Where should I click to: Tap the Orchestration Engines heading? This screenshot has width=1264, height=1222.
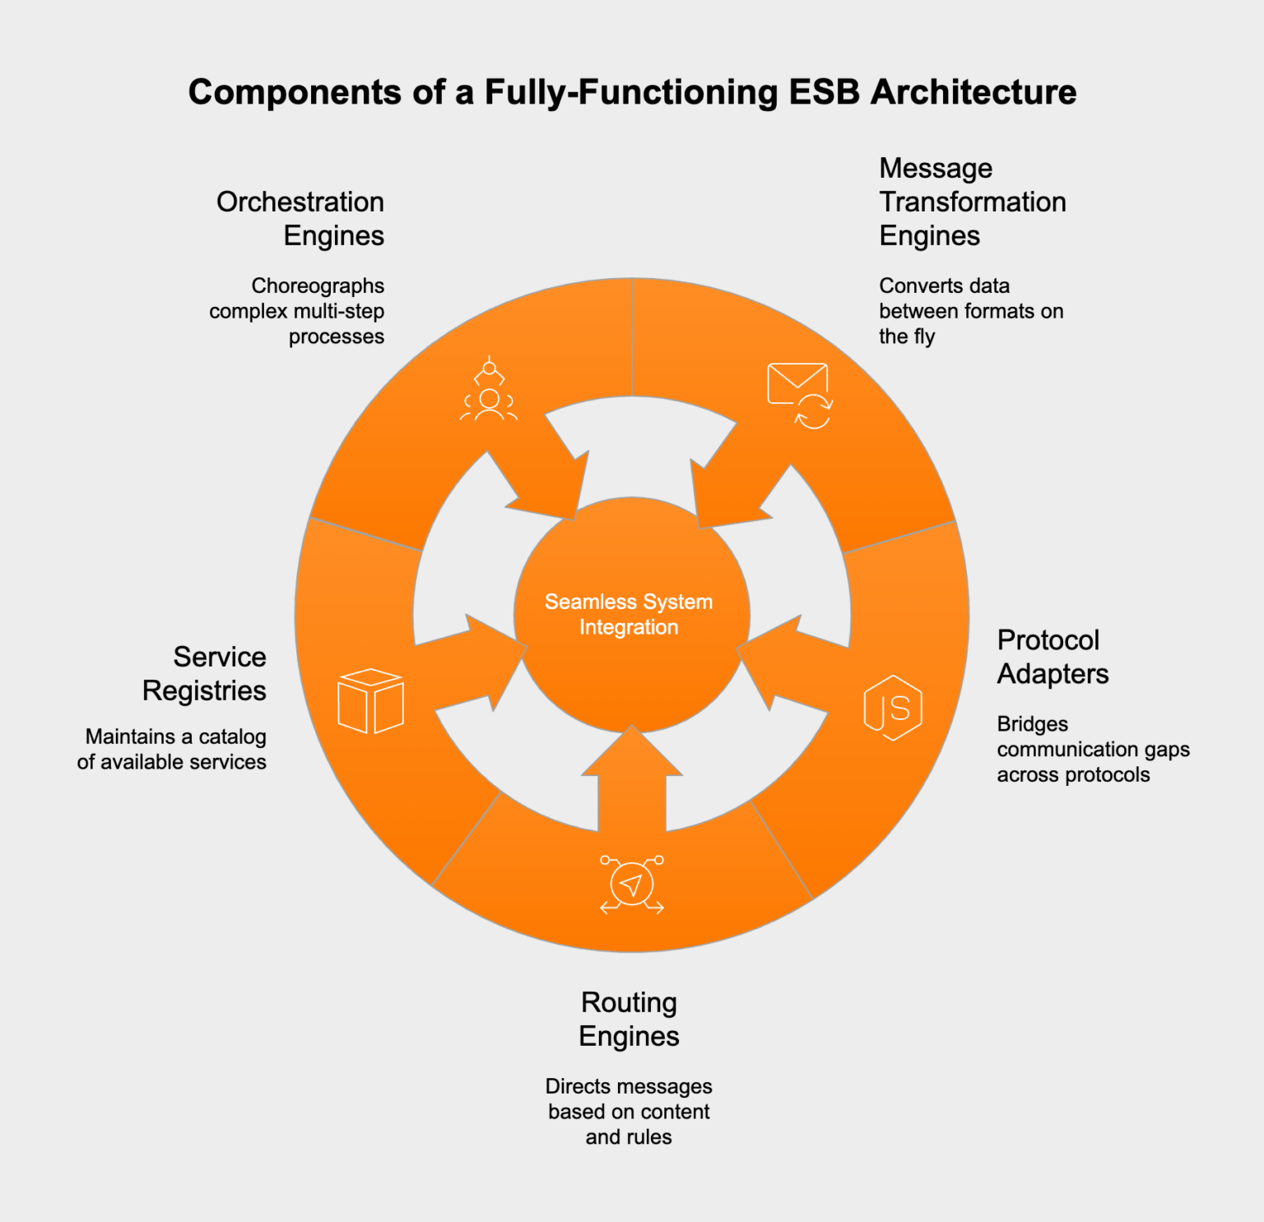(x=300, y=218)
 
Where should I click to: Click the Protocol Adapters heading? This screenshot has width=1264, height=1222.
(x=1052, y=657)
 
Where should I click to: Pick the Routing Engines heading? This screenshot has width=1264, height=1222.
(x=629, y=1019)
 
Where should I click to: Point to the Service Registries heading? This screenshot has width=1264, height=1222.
(x=205, y=673)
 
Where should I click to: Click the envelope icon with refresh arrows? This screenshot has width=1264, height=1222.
(x=799, y=394)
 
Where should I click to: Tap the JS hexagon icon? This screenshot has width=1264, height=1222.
(x=892, y=708)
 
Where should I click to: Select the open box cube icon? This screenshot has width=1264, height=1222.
(x=370, y=701)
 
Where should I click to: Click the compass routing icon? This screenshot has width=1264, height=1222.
(x=631, y=885)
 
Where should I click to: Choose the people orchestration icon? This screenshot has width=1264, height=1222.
(x=489, y=389)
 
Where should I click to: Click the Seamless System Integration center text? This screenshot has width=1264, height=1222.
(x=629, y=614)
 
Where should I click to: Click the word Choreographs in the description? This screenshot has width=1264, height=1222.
(x=318, y=286)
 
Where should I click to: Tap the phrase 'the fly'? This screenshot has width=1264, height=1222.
(x=907, y=337)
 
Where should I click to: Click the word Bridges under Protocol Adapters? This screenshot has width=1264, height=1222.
(x=1032, y=724)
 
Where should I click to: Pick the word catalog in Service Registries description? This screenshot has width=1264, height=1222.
(x=233, y=736)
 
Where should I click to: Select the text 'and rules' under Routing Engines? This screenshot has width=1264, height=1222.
(x=629, y=1137)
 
